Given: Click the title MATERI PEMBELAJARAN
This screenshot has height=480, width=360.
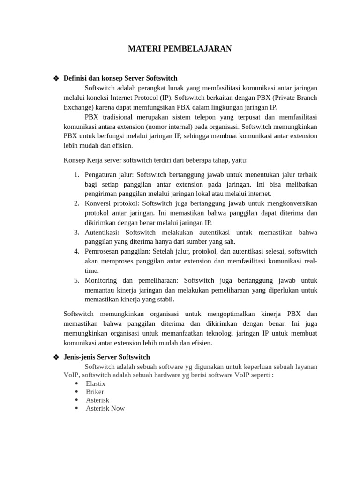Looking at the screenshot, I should pos(180,49).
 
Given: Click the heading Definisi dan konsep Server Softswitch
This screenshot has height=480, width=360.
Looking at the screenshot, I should pos(120,78).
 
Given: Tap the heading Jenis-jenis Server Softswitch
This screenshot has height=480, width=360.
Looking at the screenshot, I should pos(107,357).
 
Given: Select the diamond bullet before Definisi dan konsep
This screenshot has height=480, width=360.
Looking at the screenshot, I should pos(56,78).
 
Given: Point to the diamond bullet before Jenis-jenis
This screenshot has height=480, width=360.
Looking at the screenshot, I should pos(56,358).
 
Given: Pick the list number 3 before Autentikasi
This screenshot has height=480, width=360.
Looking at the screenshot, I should pos(77,232).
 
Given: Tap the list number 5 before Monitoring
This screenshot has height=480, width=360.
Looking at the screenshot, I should pos(77,280).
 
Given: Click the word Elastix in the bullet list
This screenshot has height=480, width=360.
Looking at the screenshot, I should pos(96,383).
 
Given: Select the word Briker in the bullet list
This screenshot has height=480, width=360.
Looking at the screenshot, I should pos(95,392).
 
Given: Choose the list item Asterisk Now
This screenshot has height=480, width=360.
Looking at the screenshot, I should pos(105,408).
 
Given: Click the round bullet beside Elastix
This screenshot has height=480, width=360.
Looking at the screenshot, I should pos(76,383).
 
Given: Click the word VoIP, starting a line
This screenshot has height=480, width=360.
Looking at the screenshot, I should pos(72,375).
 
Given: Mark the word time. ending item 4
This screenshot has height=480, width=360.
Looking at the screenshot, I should pos(92,271).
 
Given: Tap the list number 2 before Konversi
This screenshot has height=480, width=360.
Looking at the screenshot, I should pos(77,203).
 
